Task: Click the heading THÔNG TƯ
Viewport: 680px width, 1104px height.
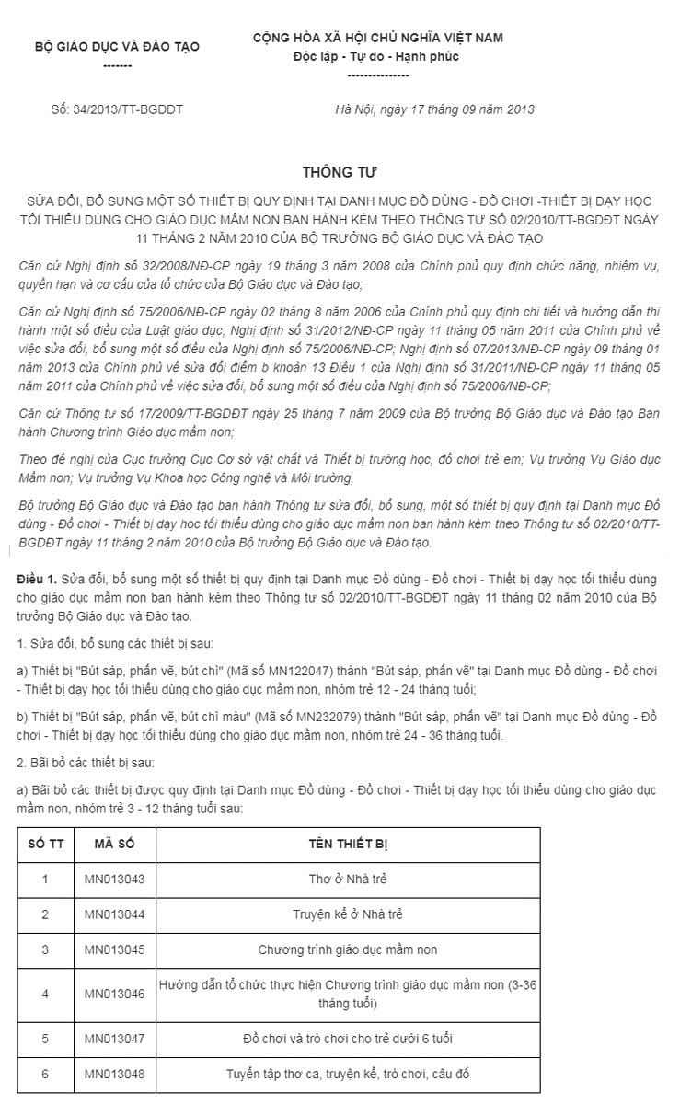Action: pyautogui.click(x=340, y=172)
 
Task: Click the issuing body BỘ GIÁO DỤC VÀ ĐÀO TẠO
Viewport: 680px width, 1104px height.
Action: pyautogui.click(x=117, y=46)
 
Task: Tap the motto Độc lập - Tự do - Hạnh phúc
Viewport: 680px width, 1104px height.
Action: pyautogui.click(x=375, y=57)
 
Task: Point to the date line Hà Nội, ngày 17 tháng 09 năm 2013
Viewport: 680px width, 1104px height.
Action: pyautogui.click(x=435, y=109)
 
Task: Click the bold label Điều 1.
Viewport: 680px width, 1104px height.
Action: pyautogui.click(x=37, y=578)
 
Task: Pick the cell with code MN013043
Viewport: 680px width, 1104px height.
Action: pyautogui.click(x=115, y=880)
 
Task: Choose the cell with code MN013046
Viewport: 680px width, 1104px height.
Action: pyautogui.click(x=115, y=994)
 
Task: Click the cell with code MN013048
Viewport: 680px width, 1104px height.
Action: pyautogui.click(x=115, y=1073)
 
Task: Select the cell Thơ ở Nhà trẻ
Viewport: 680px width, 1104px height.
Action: pyautogui.click(x=347, y=880)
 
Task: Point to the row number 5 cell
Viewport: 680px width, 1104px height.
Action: pyautogui.click(x=45, y=1038)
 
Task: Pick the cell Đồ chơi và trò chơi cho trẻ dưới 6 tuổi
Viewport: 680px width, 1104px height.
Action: pyautogui.click(x=347, y=1038)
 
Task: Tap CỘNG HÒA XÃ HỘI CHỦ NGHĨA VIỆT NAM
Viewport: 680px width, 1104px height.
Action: pyautogui.click(x=378, y=37)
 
